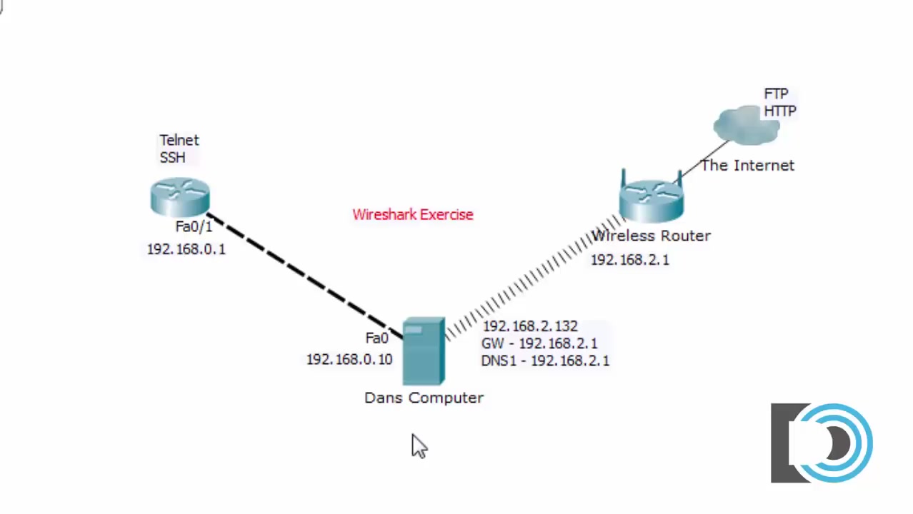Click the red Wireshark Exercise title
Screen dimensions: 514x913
click(412, 214)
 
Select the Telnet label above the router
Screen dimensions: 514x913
click(179, 140)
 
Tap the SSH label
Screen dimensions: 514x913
click(172, 157)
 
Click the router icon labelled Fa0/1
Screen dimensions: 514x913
click(179, 197)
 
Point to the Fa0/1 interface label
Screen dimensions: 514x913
click(194, 226)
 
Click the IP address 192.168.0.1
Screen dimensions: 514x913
click(186, 249)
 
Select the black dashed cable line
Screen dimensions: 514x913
click(300, 272)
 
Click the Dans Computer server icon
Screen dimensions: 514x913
click(424, 352)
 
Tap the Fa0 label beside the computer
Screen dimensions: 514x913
click(376, 338)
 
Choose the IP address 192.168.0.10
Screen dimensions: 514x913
click(349, 360)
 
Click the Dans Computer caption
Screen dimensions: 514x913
click(424, 398)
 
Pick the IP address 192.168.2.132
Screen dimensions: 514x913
click(529, 326)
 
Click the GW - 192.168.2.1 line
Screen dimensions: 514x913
click(539, 343)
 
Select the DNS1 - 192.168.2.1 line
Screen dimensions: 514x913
click(545, 361)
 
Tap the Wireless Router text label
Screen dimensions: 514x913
click(651, 236)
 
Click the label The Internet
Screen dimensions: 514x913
click(747, 166)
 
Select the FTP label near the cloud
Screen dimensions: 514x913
click(776, 94)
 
